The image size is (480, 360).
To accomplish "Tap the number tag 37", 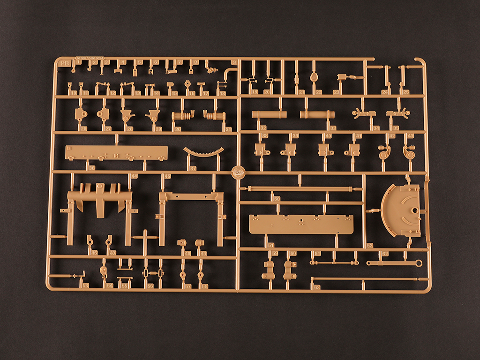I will tap(193, 168).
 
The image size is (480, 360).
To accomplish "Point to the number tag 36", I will tap(91, 168).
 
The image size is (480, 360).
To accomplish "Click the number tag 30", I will tap(177, 129).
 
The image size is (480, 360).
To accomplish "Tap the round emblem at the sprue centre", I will tap(239, 172).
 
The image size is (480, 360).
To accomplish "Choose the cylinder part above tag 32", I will tap(270, 114).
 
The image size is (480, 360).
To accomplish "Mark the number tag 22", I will tap(319, 92).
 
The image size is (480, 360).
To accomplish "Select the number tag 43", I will tap(411, 136).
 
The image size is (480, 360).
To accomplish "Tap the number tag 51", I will tap(270, 245).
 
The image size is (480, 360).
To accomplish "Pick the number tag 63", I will tap(317, 287).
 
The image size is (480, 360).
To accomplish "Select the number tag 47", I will tap(113, 253).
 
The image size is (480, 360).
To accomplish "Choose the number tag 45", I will tap(167, 177).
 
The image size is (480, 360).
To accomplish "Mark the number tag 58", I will tap(205, 286).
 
